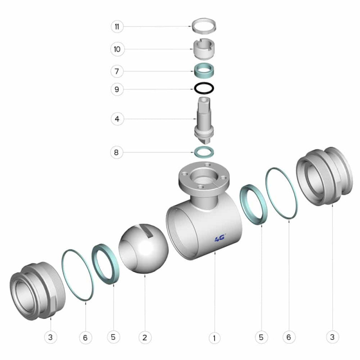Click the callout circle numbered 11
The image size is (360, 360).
tap(117, 27)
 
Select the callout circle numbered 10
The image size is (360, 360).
tap(117, 49)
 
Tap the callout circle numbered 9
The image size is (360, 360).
tap(117, 89)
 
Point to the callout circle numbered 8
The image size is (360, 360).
tap(117, 152)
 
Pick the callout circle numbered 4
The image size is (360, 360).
tap(117, 119)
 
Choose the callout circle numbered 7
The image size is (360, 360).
tap(117, 71)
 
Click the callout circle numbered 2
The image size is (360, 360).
tap(145, 337)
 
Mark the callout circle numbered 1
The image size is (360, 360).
tap(215, 338)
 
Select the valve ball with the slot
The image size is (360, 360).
tap(144, 249)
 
